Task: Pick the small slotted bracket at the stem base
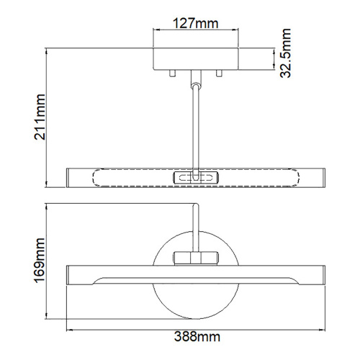[195, 177]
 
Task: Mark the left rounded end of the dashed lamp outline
[99, 177]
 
